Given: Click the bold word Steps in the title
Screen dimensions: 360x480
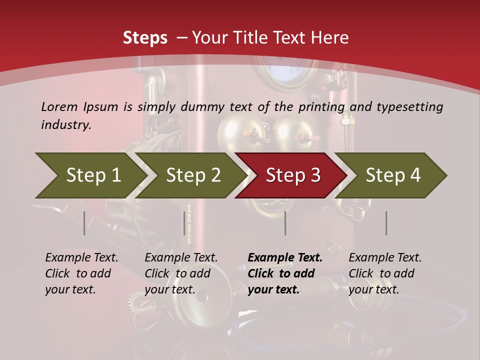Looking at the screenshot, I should point(145,38).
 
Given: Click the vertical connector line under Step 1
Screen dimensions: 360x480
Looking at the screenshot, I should point(84,223).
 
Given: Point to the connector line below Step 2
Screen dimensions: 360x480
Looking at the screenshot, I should point(184,223).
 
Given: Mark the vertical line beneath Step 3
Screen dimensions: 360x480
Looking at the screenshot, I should point(285,223).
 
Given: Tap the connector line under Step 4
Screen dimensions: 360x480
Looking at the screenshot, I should point(386,223).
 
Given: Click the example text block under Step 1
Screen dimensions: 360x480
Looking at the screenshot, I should point(81,273).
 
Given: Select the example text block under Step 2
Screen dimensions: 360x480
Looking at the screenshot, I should point(181,273).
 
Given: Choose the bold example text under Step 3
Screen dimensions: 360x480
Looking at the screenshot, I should point(285,273).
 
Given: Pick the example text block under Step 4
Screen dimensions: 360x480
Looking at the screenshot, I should point(385,273).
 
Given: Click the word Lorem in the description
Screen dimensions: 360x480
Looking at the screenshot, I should point(59,107).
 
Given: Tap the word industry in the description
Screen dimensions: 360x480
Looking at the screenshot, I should point(66,125).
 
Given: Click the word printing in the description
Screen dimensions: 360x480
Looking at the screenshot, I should point(322,107).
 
